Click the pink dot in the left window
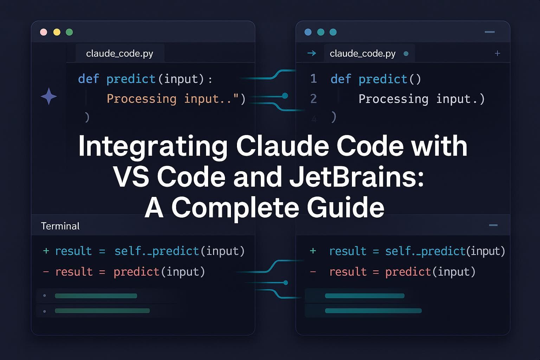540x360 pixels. click(44, 32)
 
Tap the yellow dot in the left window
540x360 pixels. click(57, 32)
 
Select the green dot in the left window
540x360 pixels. click(69, 32)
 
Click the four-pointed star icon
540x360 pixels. click(49, 96)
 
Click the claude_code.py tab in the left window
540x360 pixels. click(120, 53)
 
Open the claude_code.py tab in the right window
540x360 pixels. click(362, 53)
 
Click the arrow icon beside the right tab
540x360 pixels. click(311, 53)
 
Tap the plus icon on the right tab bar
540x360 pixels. click(497, 53)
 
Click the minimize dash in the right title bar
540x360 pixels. click(489, 32)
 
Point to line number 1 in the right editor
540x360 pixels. click(314, 79)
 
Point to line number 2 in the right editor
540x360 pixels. click(314, 99)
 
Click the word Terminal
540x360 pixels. click(60, 226)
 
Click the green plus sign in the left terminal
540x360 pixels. click(46, 251)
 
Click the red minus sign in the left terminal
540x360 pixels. click(46, 271)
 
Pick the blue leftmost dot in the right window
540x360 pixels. click(308, 32)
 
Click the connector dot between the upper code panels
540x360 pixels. click(285, 96)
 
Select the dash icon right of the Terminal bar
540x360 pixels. click(493, 225)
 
